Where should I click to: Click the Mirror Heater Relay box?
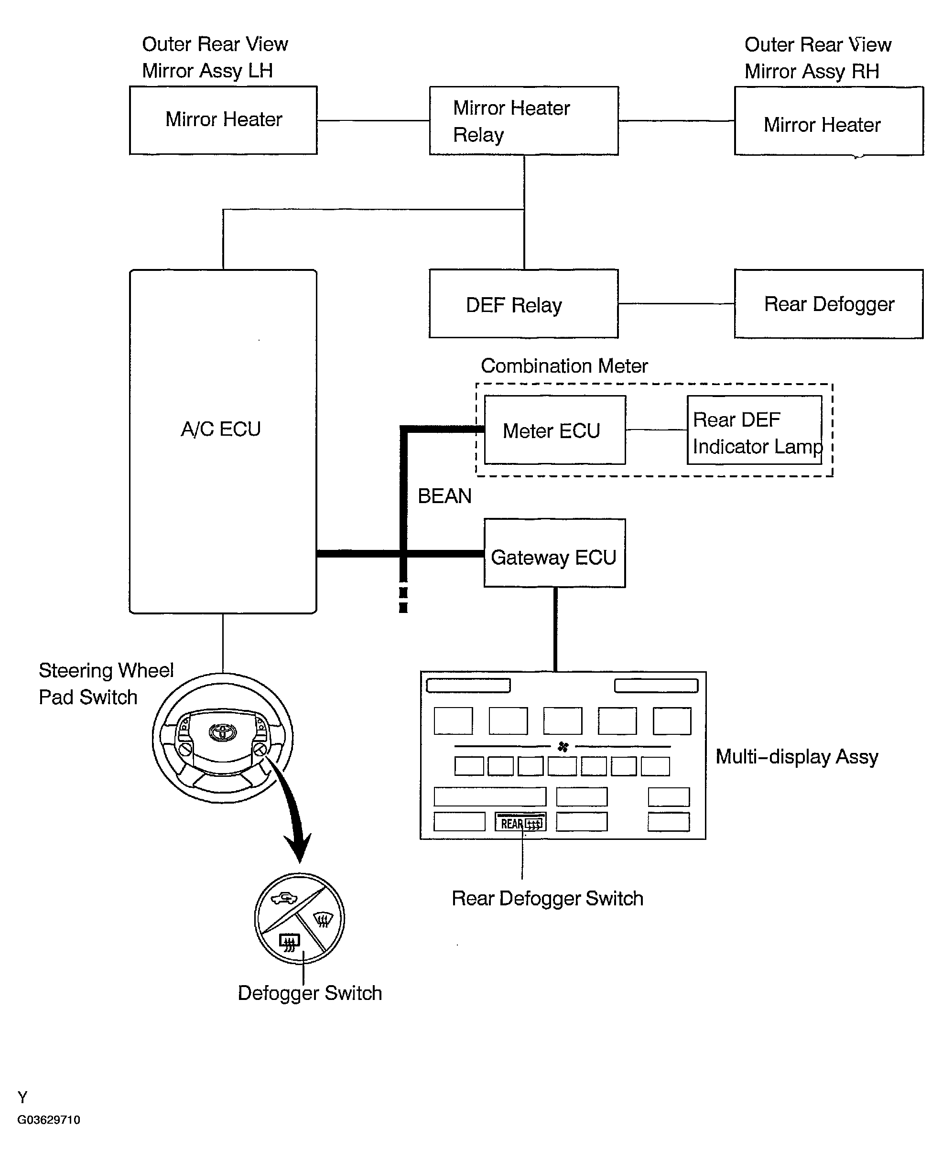524,120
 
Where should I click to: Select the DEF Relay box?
524,304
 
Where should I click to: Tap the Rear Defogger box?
829,304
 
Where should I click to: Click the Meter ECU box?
554,430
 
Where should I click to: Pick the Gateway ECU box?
554,553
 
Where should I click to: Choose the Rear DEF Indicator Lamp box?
754,430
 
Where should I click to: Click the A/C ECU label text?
221,429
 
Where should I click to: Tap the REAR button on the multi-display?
520,822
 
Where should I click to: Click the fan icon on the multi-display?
563,747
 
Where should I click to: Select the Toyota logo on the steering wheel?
223,732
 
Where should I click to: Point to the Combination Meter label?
564,366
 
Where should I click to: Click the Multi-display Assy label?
797,756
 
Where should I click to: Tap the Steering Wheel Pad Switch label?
106,684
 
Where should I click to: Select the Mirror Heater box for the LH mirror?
223,120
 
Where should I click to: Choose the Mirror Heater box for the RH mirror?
829,121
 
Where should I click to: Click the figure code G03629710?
49,1120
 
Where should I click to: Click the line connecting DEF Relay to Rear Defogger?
676,304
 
